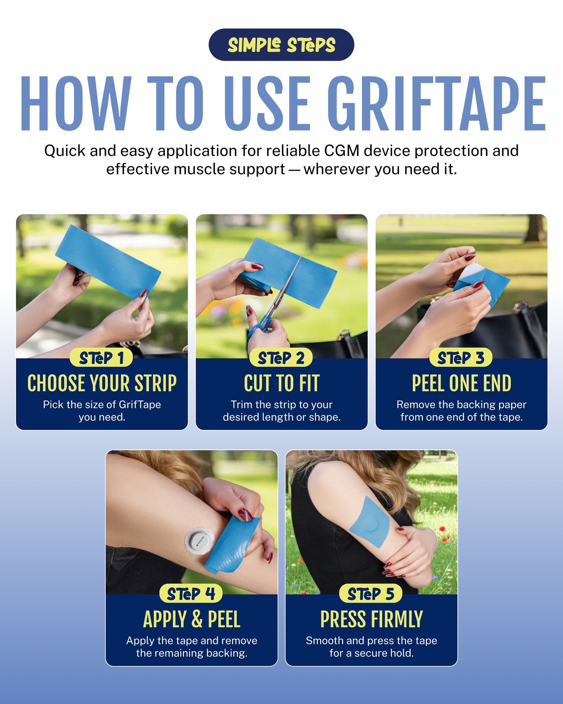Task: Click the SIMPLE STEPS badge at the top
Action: pos(281,45)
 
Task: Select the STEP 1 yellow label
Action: pos(101,358)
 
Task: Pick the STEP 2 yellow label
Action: pos(281,358)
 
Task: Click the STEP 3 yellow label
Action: pos(461,358)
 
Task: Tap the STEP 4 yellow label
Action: pos(191,594)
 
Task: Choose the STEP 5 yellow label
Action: pos(371,594)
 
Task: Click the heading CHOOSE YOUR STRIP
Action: pos(102,383)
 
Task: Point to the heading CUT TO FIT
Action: pos(281,383)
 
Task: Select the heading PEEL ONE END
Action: pos(461,383)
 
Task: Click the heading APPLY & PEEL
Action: pos(191,619)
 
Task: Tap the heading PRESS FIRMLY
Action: pos(371,619)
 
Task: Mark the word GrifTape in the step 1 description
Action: pos(139,405)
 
